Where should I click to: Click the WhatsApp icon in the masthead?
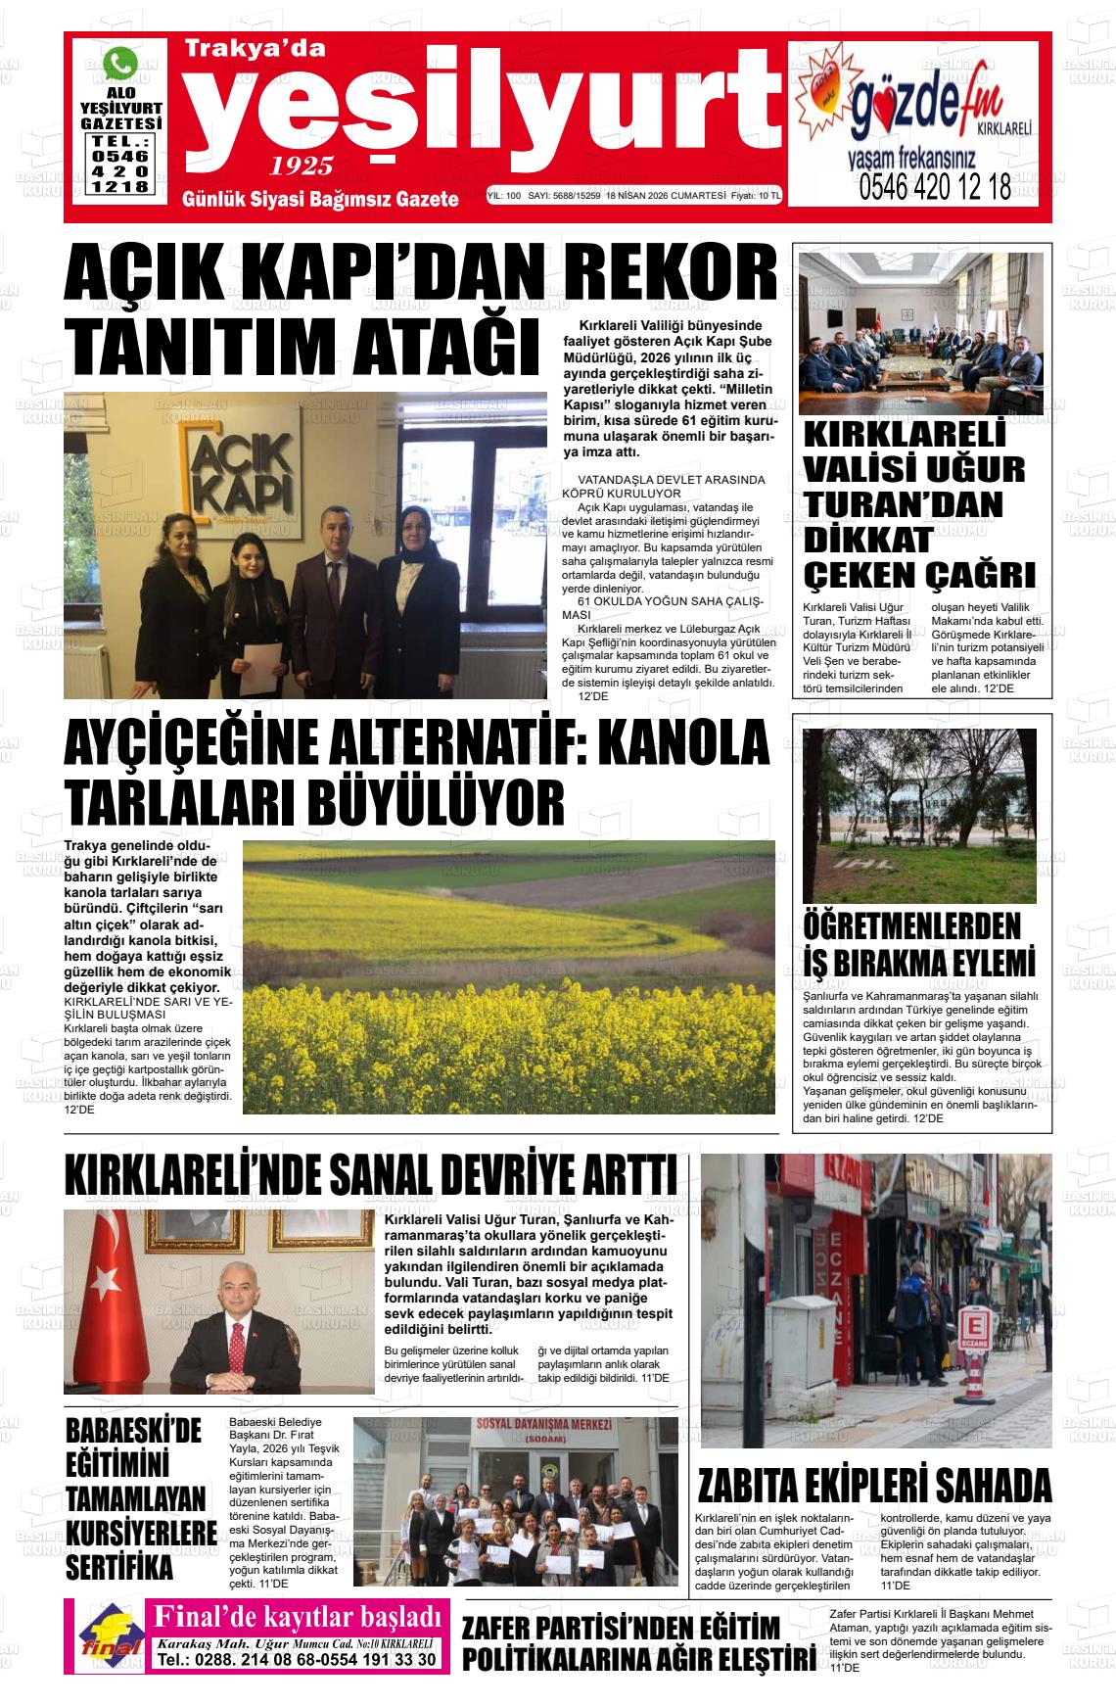120,65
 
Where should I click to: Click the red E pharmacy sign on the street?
973,1326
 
